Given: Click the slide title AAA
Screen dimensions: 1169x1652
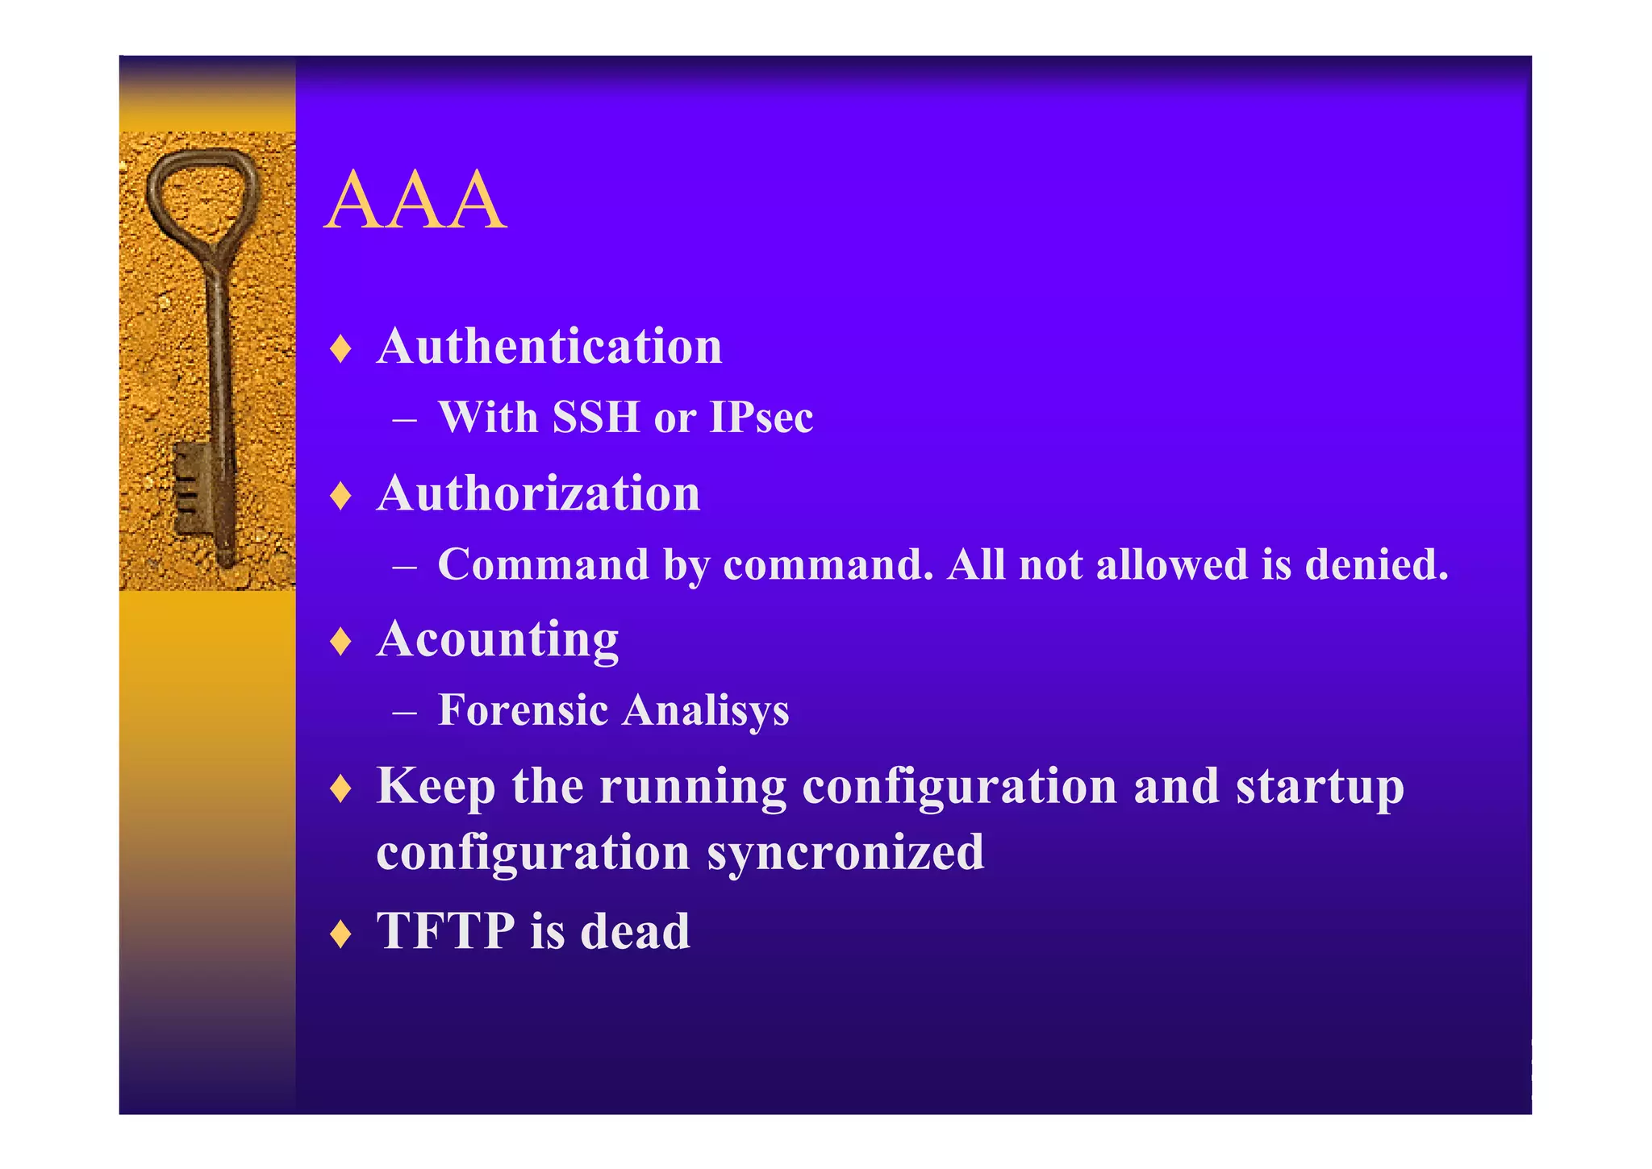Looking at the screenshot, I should coord(416,202).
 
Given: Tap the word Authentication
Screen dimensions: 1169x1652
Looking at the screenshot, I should coord(549,347).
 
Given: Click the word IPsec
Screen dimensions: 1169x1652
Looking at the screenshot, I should coord(761,418).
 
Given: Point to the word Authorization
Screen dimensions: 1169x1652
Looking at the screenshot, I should coord(538,493).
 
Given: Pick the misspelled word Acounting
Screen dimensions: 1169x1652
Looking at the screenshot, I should coord(498,640).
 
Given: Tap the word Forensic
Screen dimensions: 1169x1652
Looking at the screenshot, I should coord(523,710).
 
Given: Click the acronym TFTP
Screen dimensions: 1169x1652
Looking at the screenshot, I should coord(445,931).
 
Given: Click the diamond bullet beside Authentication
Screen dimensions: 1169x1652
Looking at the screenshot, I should coord(341,349).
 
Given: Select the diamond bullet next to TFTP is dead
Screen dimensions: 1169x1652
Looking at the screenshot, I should coord(341,934).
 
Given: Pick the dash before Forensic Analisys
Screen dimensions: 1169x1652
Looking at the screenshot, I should coord(404,713).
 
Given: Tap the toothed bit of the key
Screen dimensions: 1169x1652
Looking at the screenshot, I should coord(190,488).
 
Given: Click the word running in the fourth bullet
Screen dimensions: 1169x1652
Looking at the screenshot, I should coord(692,788).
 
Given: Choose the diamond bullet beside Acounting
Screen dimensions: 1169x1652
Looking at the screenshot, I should coord(341,642).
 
